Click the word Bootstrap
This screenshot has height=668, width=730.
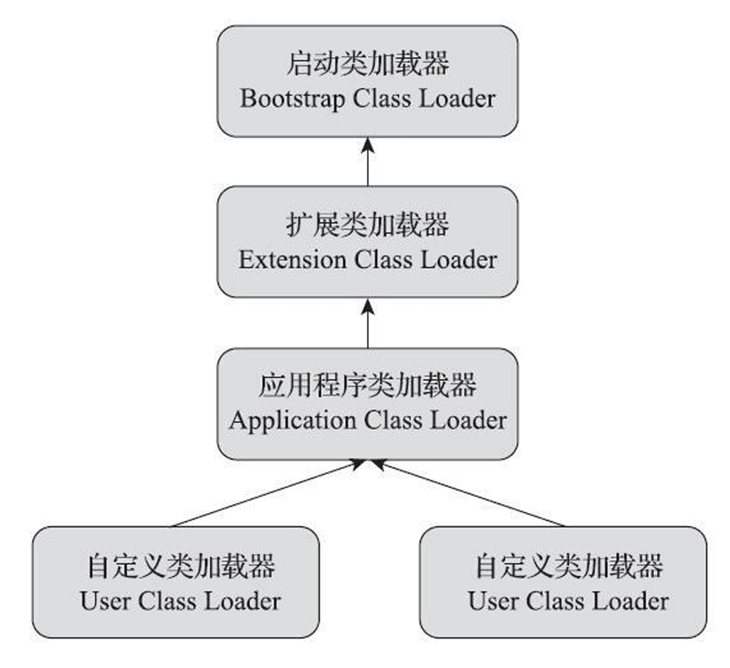coord(293,99)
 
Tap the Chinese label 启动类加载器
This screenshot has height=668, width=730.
coord(367,64)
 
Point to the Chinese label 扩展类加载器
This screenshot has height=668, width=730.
coord(367,225)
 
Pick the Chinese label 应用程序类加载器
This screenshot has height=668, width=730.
coord(367,387)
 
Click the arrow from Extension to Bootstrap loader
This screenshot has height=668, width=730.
coord(367,161)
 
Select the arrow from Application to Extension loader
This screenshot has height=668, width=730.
coord(367,323)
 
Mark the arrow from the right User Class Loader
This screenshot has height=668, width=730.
coord(469,493)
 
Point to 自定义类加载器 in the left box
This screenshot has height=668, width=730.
coord(180,567)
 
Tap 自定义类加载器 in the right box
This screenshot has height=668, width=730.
coord(568,567)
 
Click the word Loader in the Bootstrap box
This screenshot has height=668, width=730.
coord(457,99)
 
